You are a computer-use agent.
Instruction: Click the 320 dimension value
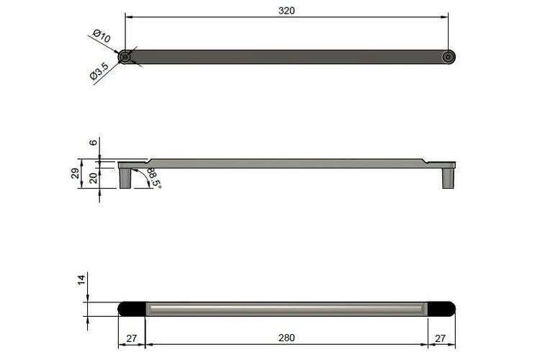[x=287, y=11]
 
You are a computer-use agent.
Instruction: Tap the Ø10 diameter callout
[x=102, y=36]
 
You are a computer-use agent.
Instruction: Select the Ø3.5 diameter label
[x=99, y=71]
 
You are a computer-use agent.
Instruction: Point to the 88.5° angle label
[x=154, y=178]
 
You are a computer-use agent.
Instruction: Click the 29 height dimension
[x=75, y=174]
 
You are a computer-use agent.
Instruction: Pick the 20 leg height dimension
[x=94, y=178]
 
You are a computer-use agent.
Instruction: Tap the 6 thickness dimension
[x=94, y=142]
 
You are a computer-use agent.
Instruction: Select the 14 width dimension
[x=81, y=280]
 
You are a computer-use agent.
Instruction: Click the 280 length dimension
[x=287, y=338]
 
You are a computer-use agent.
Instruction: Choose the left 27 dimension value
[x=131, y=338]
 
